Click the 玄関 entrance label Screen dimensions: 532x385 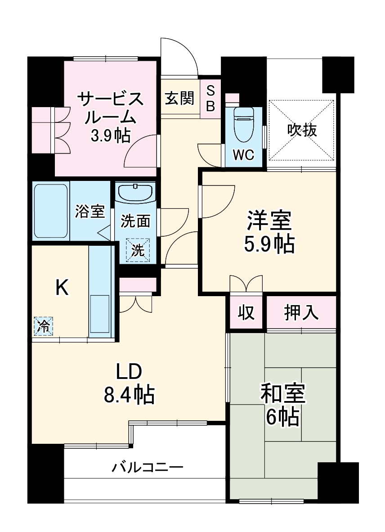(179, 98)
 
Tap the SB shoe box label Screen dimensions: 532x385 (210, 98)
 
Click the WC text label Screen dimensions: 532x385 (243, 155)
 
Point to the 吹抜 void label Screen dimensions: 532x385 (302, 130)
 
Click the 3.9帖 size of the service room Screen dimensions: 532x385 (110, 135)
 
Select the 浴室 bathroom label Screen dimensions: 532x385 (90, 211)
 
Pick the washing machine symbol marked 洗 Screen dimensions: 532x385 (138, 250)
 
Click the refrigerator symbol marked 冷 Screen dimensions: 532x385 (44, 326)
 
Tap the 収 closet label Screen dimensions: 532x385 (246, 312)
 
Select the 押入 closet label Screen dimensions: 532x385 (301, 312)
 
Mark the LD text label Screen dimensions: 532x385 (129, 372)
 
